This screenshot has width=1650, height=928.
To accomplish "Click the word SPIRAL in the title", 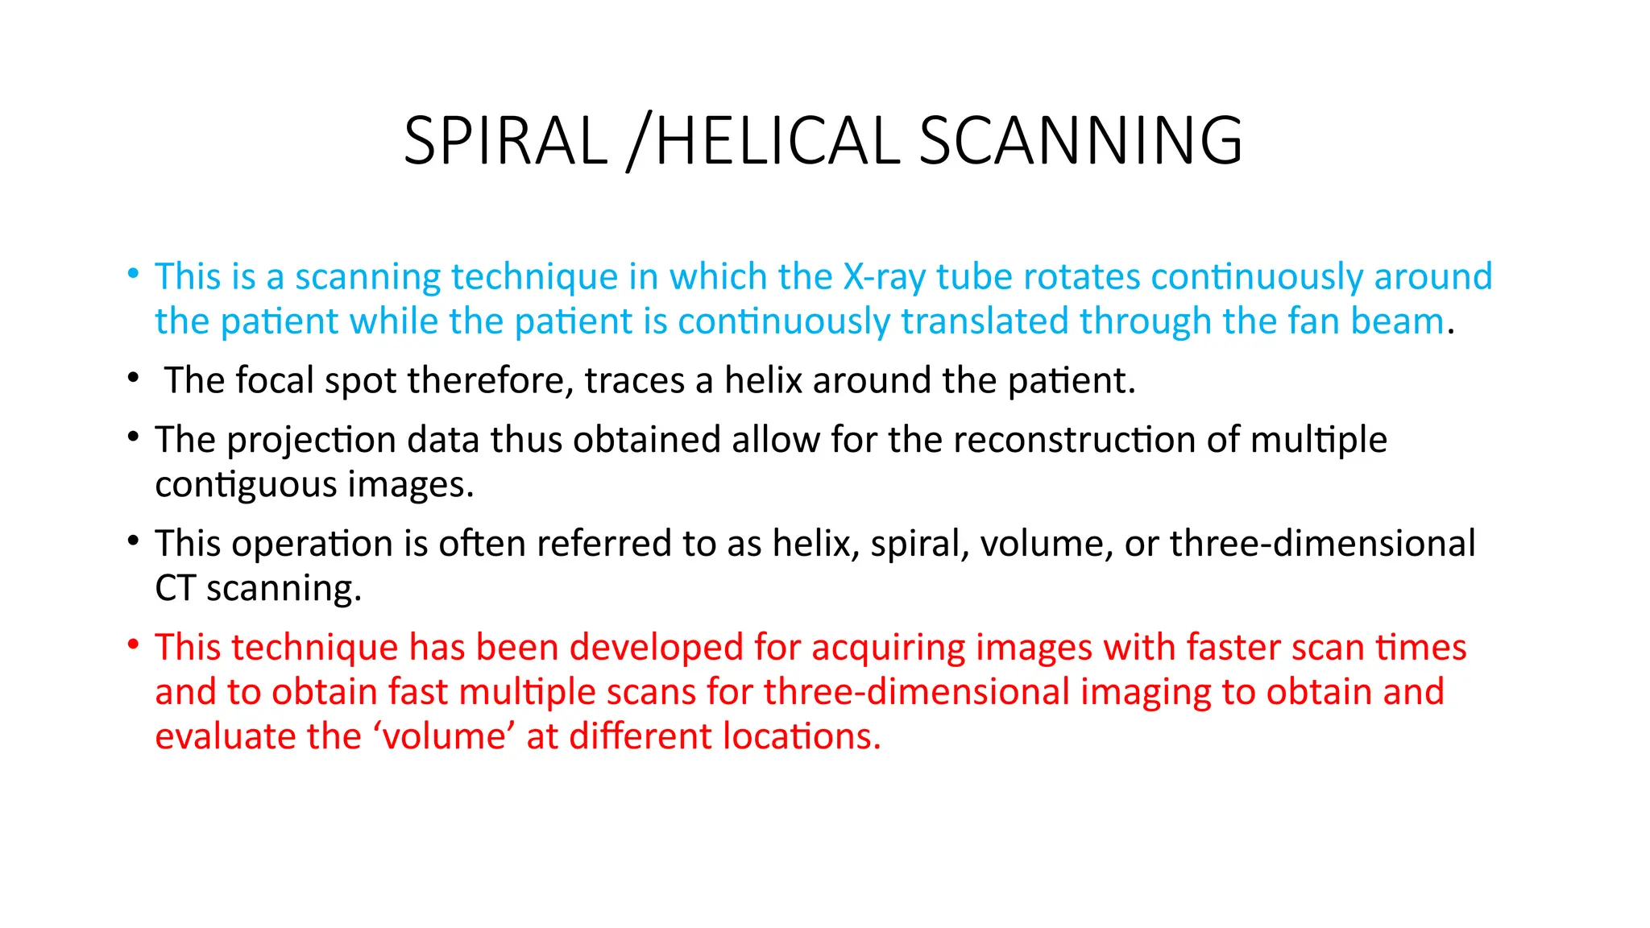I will tap(505, 141).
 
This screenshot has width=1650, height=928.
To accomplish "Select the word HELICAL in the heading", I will tap(777, 141).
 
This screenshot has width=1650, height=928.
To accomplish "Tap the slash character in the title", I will tap(637, 143).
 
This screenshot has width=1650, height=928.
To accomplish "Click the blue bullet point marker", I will tap(133, 273).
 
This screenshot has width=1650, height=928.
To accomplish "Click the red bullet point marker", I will tap(133, 644).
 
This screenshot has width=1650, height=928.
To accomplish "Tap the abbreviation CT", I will tap(175, 588).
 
